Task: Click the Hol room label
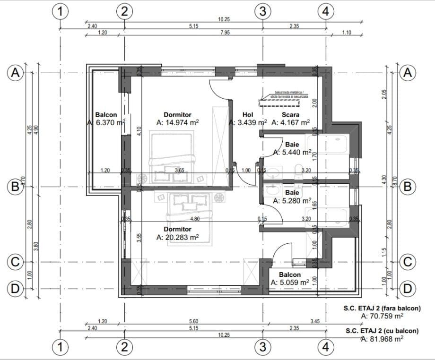coord(248,115)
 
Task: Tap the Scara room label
coord(290,115)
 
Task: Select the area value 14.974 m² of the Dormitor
coord(177,122)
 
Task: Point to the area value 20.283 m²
coord(177,237)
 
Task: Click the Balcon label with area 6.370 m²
coord(106,115)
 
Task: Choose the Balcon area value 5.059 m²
coord(290,282)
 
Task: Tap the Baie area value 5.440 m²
coord(292,153)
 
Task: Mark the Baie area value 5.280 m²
coord(292,201)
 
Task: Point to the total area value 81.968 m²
coord(382,339)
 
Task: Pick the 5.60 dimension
coord(193,321)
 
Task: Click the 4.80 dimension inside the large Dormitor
coord(194,219)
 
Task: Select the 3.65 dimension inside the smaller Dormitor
coord(180,170)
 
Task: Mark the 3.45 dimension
coord(315,321)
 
